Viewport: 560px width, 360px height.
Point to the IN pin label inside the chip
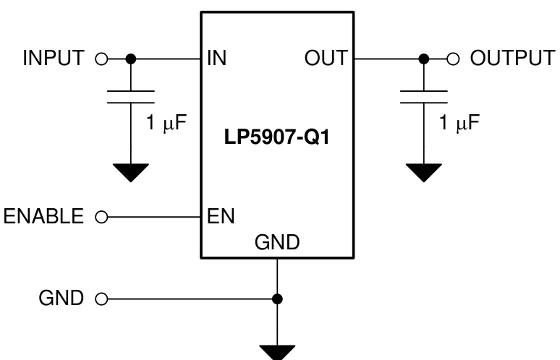click(217, 59)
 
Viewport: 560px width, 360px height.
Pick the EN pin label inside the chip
click(220, 215)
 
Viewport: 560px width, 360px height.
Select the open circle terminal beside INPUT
click(101, 59)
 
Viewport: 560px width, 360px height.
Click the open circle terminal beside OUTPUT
click(454, 58)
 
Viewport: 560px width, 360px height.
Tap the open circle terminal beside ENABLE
click(101, 215)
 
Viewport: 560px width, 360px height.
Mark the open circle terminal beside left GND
click(101, 298)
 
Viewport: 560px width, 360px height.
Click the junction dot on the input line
click(131, 59)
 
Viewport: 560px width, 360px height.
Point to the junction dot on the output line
click(424, 58)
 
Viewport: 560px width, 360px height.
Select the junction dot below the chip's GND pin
click(277, 298)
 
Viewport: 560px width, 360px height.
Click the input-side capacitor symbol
click(131, 97)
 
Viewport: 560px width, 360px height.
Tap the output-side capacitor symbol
click(424, 97)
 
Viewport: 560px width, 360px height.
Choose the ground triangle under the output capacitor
click(424, 172)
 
